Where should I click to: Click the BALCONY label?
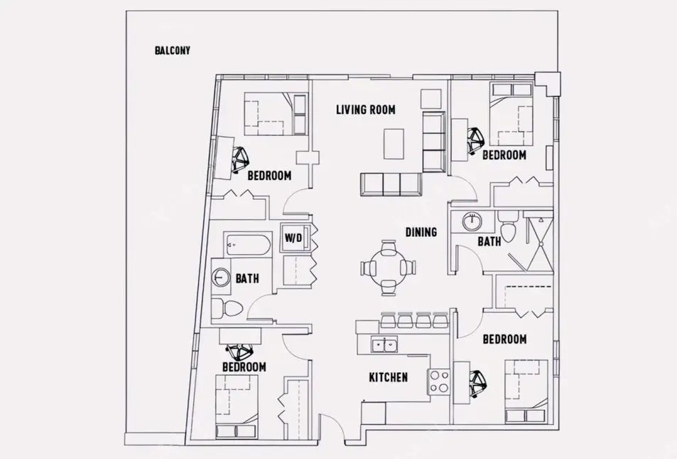(x=173, y=51)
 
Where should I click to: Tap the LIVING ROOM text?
(x=366, y=110)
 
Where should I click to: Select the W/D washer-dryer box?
(x=296, y=237)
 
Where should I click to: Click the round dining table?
(x=388, y=268)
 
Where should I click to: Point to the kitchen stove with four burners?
(x=439, y=382)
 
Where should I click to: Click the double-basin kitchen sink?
(x=385, y=345)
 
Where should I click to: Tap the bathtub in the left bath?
(x=248, y=245)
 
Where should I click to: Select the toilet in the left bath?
(x=227, y=307)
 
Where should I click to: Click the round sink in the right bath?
(x=472, y=221)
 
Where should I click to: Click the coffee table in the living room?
(x=394, y=144)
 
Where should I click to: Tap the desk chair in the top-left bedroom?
(x=239, y=160)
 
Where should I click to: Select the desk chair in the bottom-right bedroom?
(x=477, y=384)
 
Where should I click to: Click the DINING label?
(x=421, y=232)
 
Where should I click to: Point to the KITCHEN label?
(x=388, y=377)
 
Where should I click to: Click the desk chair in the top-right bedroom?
(x=476, y=141)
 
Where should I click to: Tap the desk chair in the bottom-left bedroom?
(x=240, y=352)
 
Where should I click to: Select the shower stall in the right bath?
(x=538, y=241)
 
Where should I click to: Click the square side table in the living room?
(x=431, y=99)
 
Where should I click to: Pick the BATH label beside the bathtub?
(x=247, y=278)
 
